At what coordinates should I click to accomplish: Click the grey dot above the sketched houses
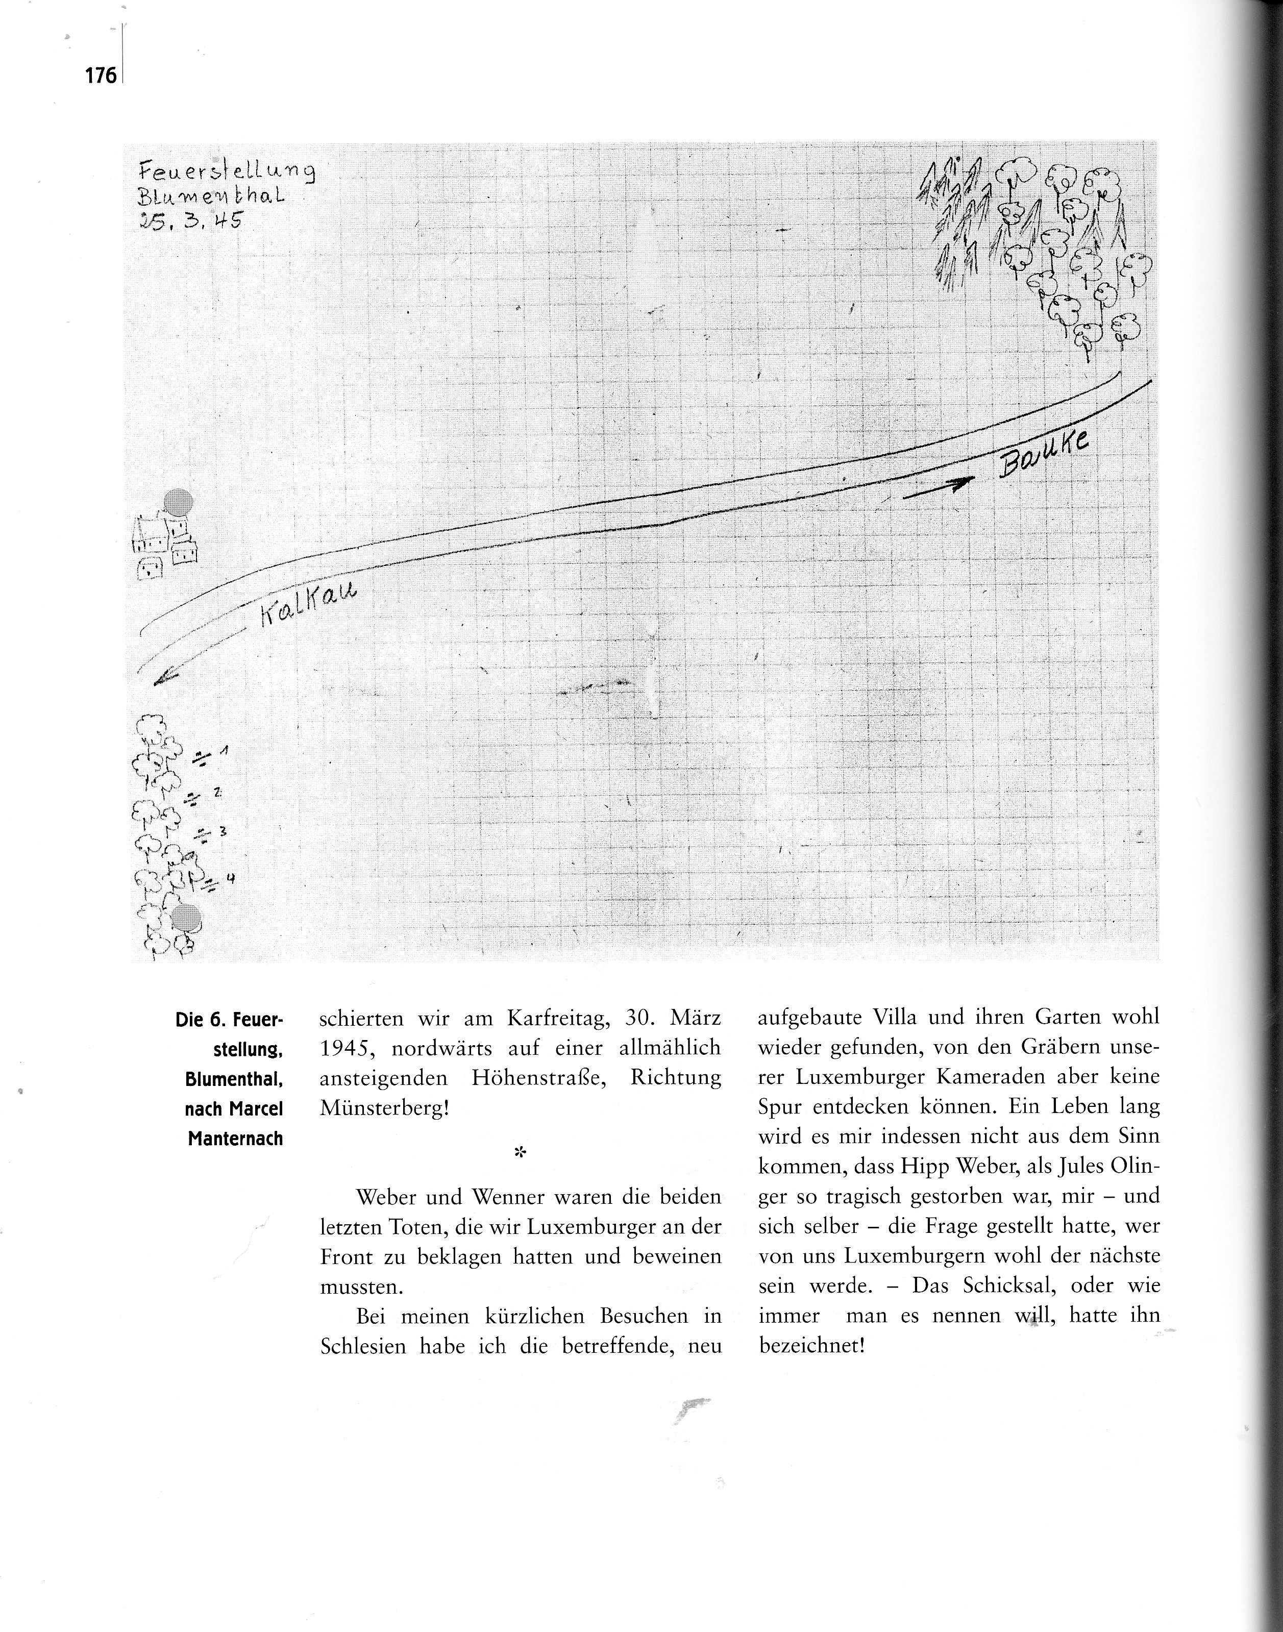click(x=179, y=501)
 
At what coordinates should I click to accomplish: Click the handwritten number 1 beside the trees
click(x=225, y=752)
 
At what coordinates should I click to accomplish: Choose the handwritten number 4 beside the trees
click(x=231, y=876)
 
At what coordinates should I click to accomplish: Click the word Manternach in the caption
click(x=235, y=1139)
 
